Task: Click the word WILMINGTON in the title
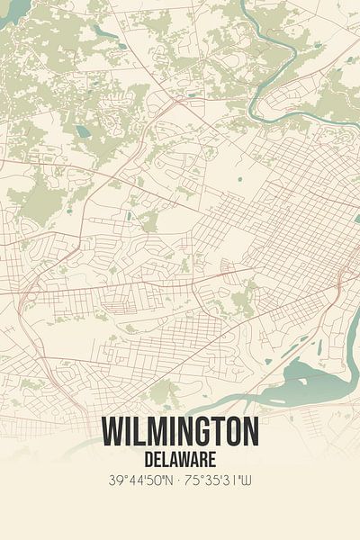point(180,432)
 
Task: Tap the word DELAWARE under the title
point(180,459)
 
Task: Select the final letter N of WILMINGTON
point(250,432)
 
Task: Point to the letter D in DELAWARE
point(144,459)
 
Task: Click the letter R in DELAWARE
point(208,459)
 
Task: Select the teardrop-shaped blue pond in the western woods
point(84,131)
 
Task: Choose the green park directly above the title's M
point(162,391)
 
